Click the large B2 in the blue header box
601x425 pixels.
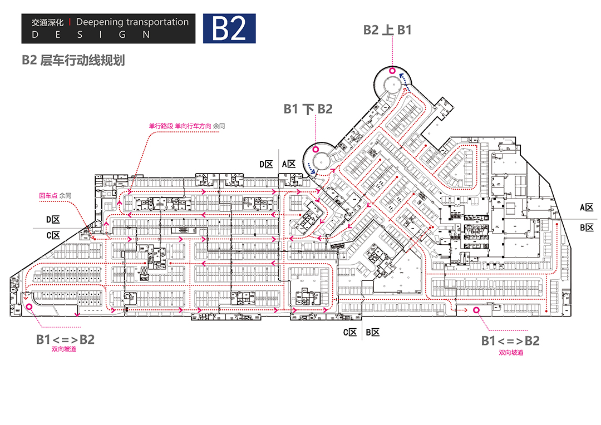pyautogui.click(x=229, y=28)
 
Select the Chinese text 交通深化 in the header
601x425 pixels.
pyautogui.click(x=47, y=23)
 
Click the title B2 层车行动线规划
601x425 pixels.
pyautogui.click(x=73, y=60)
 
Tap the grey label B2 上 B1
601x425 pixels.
pyautogui.click(x=387, y=30)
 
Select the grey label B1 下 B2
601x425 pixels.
pyautogui.click(x=308, y=109)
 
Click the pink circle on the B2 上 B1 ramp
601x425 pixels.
pyautogui.click(x=392, y=71)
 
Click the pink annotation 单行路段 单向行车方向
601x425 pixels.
pyautogui.click(x=180, y=126)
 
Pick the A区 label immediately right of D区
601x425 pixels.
pyautogui.click(x=289, y=164)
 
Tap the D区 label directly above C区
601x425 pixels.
pyautogui.click(x=53, y=220)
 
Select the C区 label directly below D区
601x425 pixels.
pyautogui.click(x=53, y=236)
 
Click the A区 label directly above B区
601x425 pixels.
pyautogui.click(x=587, y=207)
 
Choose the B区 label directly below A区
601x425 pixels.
pyautogui.click(x=587, y=228)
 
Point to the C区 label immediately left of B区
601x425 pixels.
pyautogui.click(x=349, y=333)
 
